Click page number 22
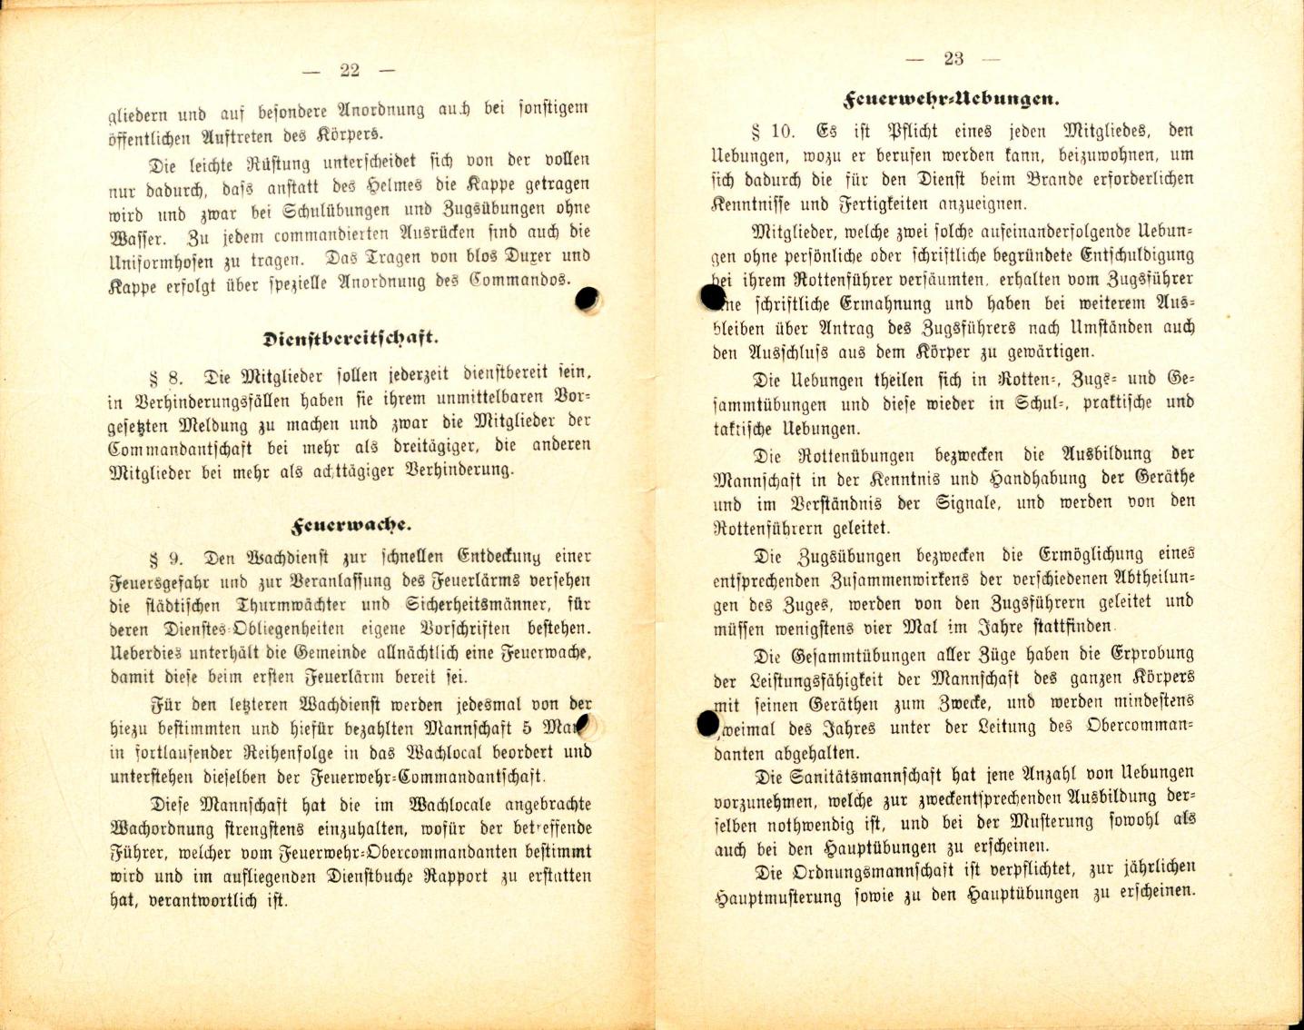[x=349, y=71]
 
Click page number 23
[x=953, y=59]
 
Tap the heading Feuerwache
[x=351, y=525]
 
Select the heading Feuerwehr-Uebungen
[x=952, y=97]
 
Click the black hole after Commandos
[x=588, y=299]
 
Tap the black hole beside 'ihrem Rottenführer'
[x=713, y=296]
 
